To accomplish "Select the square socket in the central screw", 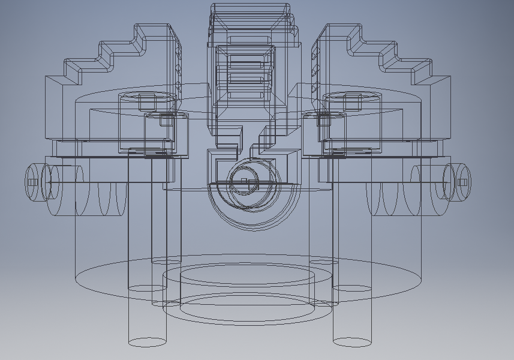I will tap(244, 181).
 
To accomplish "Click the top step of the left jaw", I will tap(157, 29).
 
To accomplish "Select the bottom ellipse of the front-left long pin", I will tap(147, 342).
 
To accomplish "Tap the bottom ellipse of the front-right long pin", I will tap(352, 342).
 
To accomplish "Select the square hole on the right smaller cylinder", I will tap(324, 121).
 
